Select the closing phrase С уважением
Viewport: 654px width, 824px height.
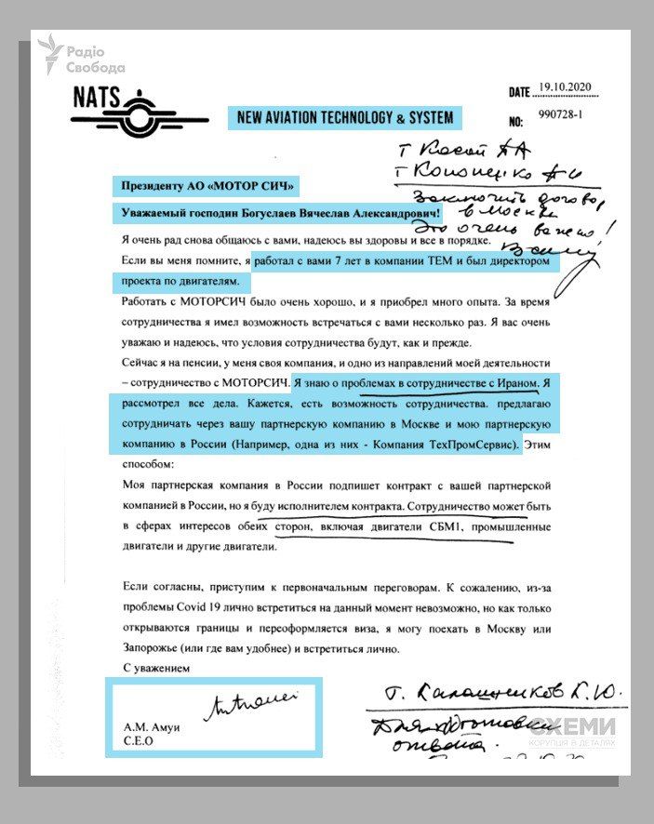[x=156, y=668]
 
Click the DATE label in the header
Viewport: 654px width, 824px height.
[x=518, y=93]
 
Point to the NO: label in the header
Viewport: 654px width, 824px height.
[x=517, y=122]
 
